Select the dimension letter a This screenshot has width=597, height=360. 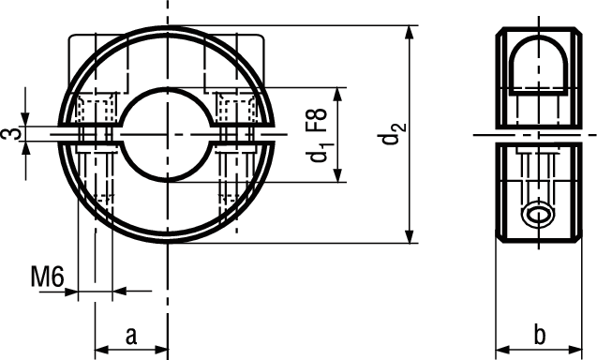pyautogui.click(x=131, y=336)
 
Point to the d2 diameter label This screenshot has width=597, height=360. pyautogui.click(x=394, y=134)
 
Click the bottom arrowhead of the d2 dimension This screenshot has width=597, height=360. pyautogui.click(x=410, y=236)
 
